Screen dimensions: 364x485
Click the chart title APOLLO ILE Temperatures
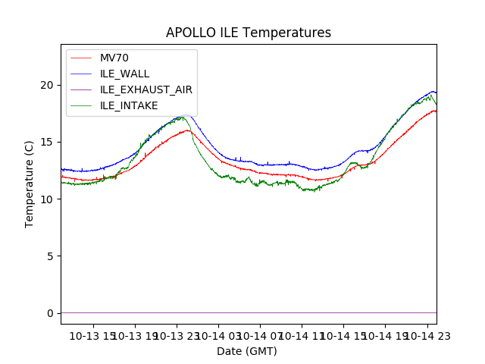pyautogui.click(x=249, y=33)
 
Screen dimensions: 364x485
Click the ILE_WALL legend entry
pyautogui.click(x=125, y=74)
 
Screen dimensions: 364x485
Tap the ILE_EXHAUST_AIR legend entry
pyautogui.click(x=146, y=89)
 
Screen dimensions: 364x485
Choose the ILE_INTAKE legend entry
pyautogui.click(x=129, y=105)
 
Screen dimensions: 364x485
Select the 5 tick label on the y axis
pyautogui.click(x=51, y=256)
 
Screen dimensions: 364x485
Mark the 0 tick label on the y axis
pyautogui.click(x=51, y=313)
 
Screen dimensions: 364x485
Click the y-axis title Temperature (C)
pyautogui.click(x=30, y=184)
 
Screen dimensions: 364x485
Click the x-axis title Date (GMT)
pyautogui.click(x=247, y=351)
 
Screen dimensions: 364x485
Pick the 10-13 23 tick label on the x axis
pyautogui.click(x=177, y=335)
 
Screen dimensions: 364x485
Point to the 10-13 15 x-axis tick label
pyautogui.click(x=93, y=335)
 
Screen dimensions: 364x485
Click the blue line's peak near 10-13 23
pyautogui.click(x=184, y=115)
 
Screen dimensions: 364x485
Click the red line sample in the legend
pyautogui.click(x=82, y=58)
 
